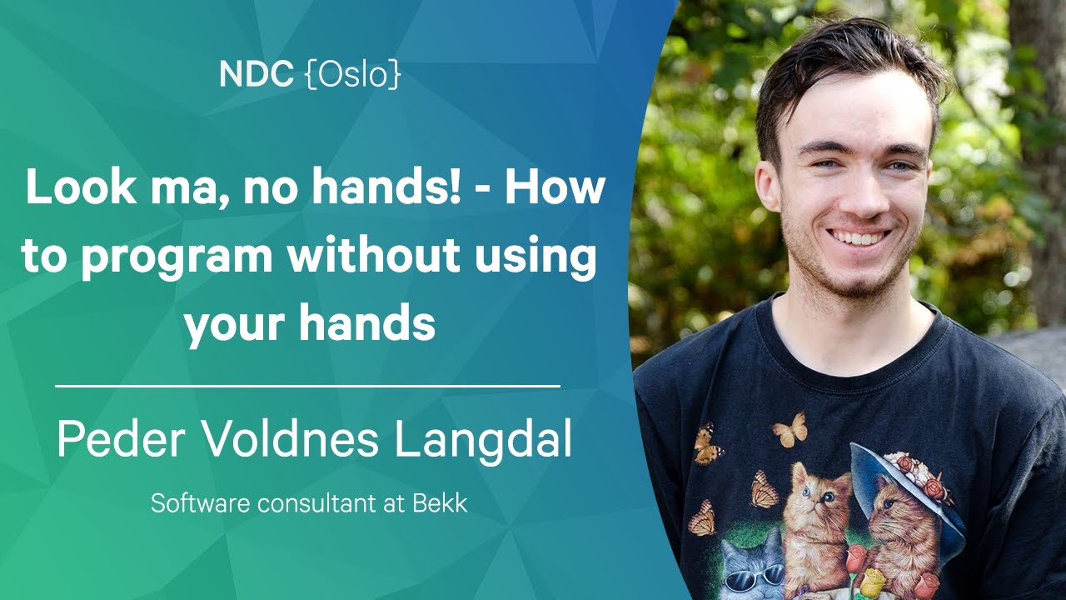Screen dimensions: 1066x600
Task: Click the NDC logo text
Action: [256, 74]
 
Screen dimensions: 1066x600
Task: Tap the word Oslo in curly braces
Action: [352, 75]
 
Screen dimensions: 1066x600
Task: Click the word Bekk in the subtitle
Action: [440, 503]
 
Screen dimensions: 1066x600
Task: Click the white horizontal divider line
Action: [307, 386]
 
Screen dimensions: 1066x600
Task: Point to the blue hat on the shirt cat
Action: [894, 491]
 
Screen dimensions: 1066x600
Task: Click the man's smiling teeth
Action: [859, 237]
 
